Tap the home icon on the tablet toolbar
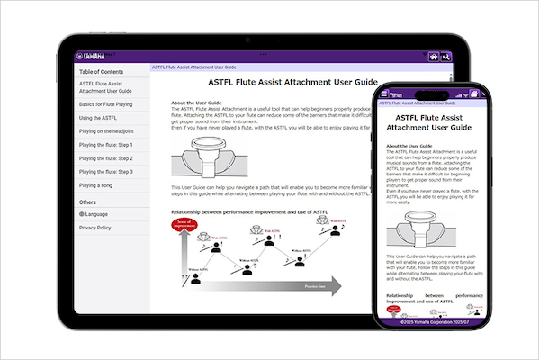click(x=434, y=56)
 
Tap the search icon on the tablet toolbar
click(x=446, y=56)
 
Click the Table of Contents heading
click(x=102, y=72)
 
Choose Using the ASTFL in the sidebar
click(x=98, y=118)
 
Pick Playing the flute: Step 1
click(x=106, y=145)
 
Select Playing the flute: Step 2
click(x=106, y=158)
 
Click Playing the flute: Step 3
click(x=106, y=172)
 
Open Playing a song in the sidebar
click(x=97, y=185)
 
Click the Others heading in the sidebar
click(x=87, y=202)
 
